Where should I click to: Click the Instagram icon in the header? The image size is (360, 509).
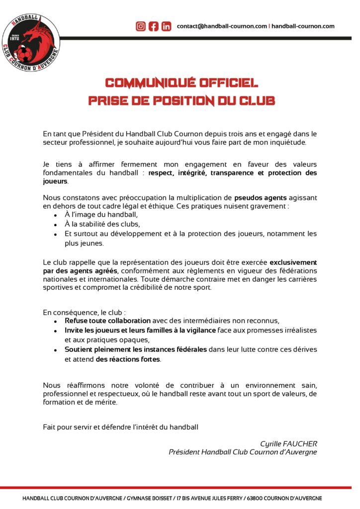pos(141,26)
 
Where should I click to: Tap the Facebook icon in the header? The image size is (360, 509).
pos(154,26)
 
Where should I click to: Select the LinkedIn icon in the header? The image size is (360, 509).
pos(167,26)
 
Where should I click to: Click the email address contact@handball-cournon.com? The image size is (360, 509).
pos(222,26)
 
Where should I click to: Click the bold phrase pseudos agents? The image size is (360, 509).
pos(259,197)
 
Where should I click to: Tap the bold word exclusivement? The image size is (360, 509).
pos(293,262)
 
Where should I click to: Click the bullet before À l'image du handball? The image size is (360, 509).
pos(55,215)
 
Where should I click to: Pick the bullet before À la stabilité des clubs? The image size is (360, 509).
pos(55,225)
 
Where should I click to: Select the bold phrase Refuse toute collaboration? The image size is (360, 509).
pos(107,321)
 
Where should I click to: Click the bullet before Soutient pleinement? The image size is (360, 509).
pos(55,350)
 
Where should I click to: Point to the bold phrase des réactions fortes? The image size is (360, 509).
pos(128,359)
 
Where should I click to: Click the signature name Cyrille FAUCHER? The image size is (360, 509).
pos(288,443)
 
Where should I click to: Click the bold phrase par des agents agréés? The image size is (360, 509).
pos(80,270)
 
